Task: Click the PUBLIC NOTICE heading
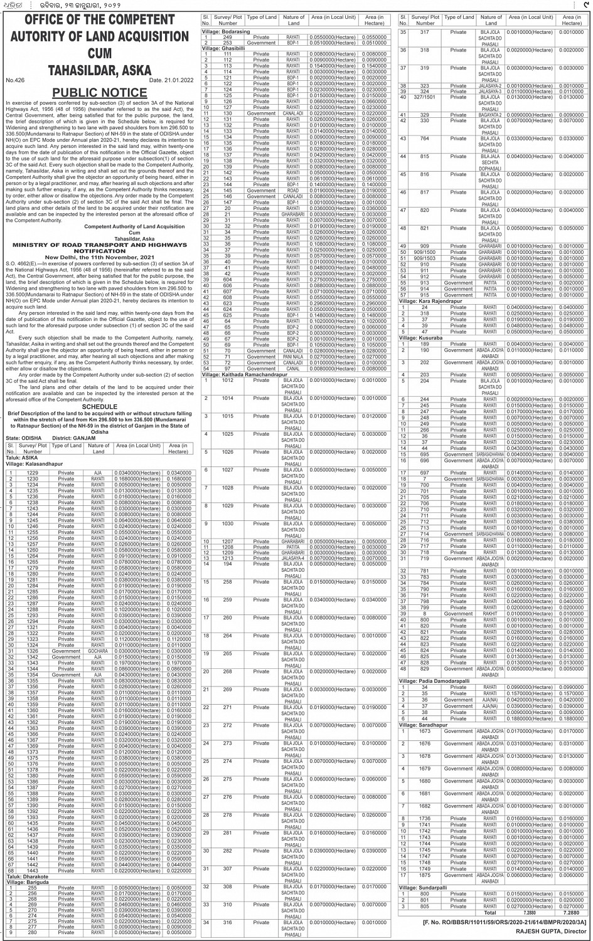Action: coord(99,93)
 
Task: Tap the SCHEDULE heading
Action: coord(99,407)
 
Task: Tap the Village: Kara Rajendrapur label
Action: coord(434,302)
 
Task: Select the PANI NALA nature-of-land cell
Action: coord(293,357)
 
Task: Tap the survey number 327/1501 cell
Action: coord(424,97)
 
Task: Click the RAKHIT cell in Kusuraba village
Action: coord(491,614)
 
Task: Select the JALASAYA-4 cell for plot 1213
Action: coord(293,558)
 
